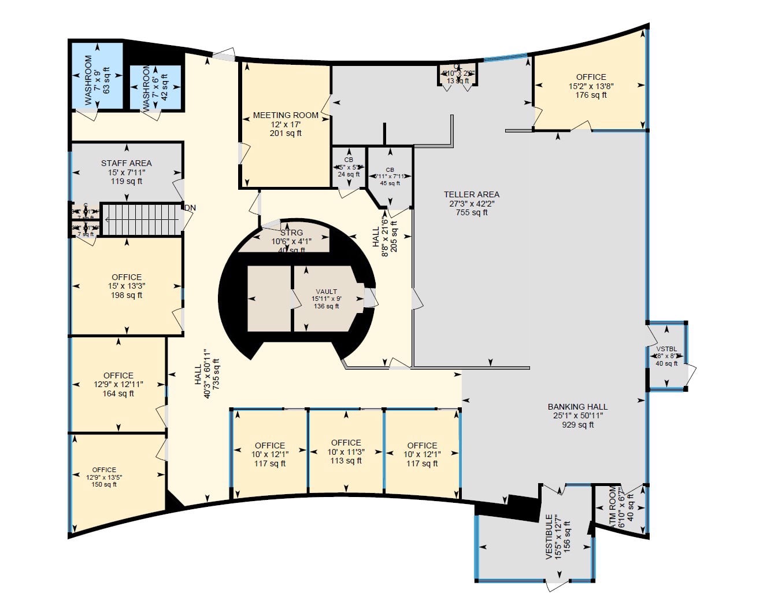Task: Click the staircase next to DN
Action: [x=142, y=219]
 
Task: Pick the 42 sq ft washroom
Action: [x=155, y=87]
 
